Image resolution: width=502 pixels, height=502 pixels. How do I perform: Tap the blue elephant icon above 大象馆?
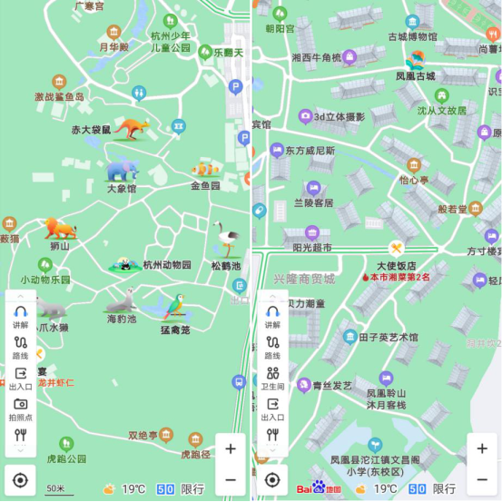122,170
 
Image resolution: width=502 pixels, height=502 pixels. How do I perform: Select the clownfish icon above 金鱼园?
205,168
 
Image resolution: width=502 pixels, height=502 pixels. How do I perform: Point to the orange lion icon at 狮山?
60,228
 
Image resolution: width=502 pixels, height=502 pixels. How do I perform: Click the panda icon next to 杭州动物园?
123,264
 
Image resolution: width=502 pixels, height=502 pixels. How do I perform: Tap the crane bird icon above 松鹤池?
225,240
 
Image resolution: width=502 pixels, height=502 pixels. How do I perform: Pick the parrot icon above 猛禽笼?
174,306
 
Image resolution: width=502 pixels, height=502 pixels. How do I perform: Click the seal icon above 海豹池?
121,300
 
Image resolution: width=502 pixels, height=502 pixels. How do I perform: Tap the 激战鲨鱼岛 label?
59,96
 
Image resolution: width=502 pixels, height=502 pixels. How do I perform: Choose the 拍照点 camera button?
20,409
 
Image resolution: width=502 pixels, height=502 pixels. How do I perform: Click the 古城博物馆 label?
412,37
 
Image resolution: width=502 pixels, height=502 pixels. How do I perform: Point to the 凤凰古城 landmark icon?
415,60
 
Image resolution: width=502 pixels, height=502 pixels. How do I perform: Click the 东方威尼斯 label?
309,151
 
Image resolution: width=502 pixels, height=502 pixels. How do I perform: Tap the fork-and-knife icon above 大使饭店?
397,248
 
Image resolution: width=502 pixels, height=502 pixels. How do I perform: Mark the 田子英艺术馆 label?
388,337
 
